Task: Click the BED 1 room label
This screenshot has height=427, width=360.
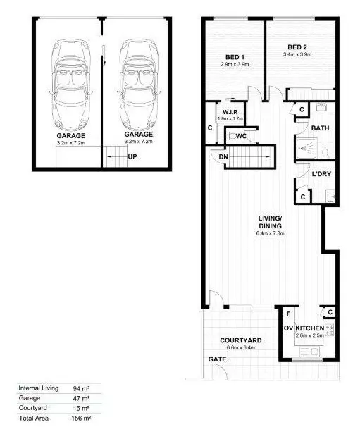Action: (235, 57)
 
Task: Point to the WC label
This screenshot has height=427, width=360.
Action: (240, 136)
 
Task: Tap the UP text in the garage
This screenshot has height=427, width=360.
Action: (132, 156)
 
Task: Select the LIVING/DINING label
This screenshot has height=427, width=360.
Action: (270, 221)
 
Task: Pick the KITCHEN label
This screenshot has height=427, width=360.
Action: (309, 329)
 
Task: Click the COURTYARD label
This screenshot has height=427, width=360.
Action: (241, 340)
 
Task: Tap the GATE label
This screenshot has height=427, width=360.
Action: (216, 359)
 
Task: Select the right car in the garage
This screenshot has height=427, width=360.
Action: (138, 82)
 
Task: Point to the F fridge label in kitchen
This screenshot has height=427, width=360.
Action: (287, 314)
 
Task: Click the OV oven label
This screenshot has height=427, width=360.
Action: (287, 329)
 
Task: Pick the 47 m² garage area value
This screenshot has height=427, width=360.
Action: (79, 398)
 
